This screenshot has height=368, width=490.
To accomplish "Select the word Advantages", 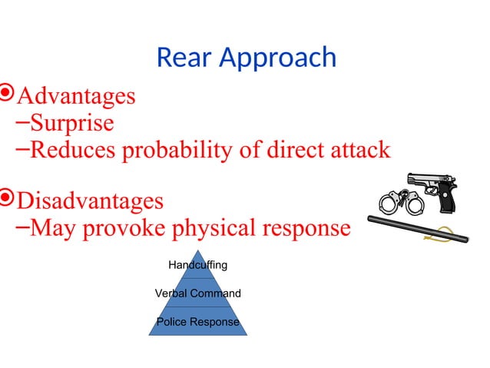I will click(x=76, y=97).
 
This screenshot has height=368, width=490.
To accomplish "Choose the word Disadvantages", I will click(x=90, y=201).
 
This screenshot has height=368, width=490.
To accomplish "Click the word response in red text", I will click(x=306, y=229).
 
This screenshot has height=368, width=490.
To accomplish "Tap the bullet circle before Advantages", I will click(x=7, y=95).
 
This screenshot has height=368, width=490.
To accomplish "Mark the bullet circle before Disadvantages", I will click(x=7, y=200).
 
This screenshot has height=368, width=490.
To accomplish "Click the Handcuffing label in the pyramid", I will click(x=197, y=265).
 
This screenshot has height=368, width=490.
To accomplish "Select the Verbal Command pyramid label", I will click(x=197, y=293).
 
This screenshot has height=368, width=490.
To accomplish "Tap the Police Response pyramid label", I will click(x=197, y=322).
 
